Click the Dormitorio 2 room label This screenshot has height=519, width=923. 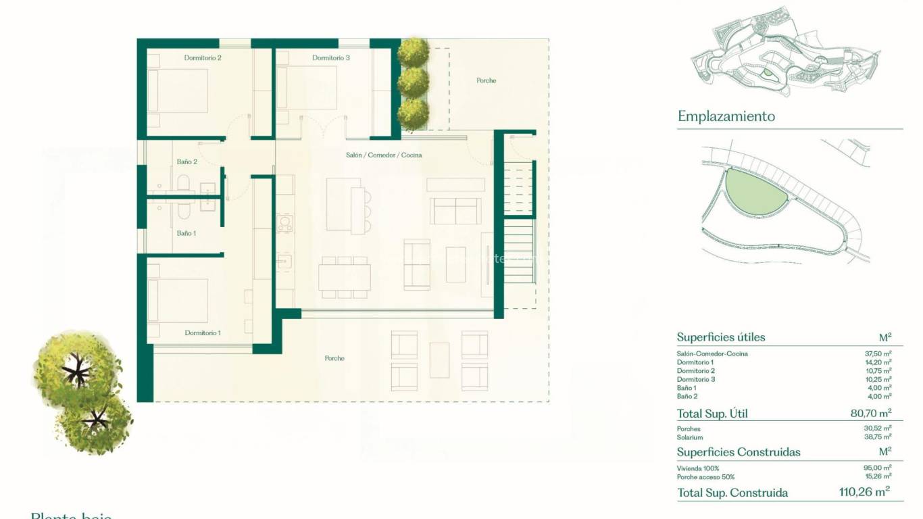(x=203, y=58)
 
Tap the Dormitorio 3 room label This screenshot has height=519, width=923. (x=331, y=58)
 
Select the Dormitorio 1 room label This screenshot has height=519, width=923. (x=203, y=333)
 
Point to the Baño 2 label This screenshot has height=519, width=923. (x=187, y=162)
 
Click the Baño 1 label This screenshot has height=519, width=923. (x=186, y=233)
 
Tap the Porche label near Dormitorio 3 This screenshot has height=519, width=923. (x=487, y=81)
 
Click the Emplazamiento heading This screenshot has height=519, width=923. (x=726, y=116)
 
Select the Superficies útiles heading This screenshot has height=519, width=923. (x=721, y=337)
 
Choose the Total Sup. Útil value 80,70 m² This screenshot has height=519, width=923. (x=870, y=412)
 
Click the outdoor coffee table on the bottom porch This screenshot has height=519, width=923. (x=439, y=360)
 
